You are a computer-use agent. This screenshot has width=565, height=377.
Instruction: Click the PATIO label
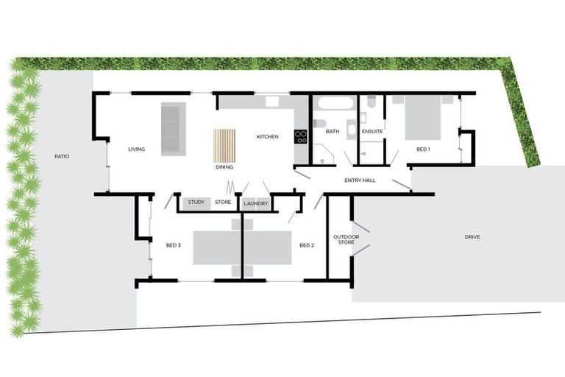pyautogui.click(x=62, y=156)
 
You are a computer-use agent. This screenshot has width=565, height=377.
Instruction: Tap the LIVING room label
pyautogui.click(x=136, y=149)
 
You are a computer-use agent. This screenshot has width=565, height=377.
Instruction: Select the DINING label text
pyautogui.click(x=224, y=167)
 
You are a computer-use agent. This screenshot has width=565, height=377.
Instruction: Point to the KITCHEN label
pyautogui.click(x=267, y=137)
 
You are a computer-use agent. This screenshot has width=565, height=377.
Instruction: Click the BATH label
pyautogui.click(x=333, y=132)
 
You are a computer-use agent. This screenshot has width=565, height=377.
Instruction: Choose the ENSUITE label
pyautogui.click(x=372, y=132)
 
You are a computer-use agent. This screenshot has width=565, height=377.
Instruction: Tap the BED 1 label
pyautogui.click(x=423, y=149)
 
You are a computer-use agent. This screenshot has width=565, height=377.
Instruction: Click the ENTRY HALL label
pyautogui.click(x=360, y=180)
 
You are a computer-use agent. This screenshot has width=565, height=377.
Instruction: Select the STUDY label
pyautogui.click(x=196, y=202)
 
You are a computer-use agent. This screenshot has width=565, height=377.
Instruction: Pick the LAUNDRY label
pyautogui.click(x=255, y=202)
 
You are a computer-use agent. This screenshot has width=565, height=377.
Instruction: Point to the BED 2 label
pyautogui.click(x=307, y=245)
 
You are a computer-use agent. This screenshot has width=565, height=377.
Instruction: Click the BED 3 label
pyautogui.click(x=174, y=245)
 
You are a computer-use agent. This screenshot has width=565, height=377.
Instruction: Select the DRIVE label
pyautogui.click(x=472, y=237)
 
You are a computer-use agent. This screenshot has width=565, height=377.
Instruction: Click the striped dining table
pyautogui.click(x=224, y=145)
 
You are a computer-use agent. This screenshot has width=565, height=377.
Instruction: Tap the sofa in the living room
pyautogui.click(x=174, y=128)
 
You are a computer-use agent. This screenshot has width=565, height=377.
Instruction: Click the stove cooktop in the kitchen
pyautogui.click(x=301, y=135)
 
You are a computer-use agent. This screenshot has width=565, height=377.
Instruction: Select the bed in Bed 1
pyautogui.click(x=422, y=117)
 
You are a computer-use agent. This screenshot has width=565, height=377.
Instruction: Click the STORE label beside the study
pyautogui.click(x=223, y=202)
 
